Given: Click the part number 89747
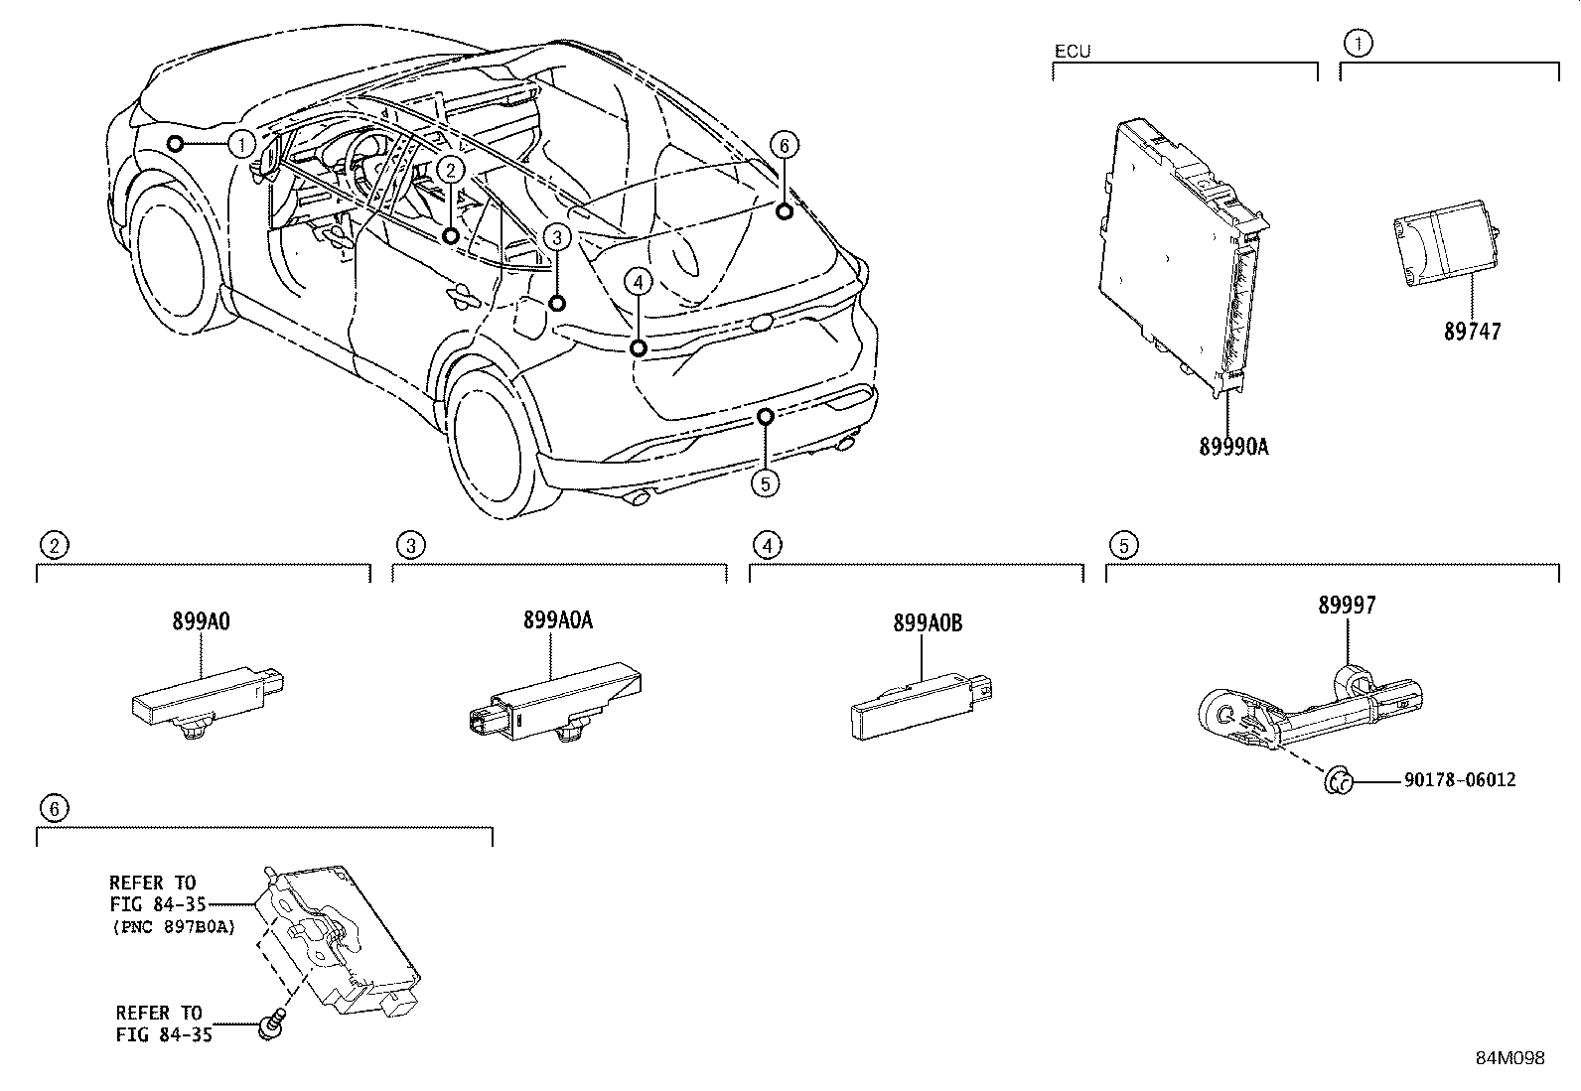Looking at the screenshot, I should coord(1472,332).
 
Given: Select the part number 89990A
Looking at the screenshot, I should coord(1233,447).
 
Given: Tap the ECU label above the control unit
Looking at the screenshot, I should coord(1072,51).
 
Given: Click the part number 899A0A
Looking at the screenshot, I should coord(558,620).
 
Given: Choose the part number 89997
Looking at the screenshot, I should coord(1347,605).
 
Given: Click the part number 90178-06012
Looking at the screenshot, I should coord(1459,780).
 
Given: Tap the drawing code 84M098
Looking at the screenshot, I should coord(1509,1057).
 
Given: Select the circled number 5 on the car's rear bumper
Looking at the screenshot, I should coord(764,483).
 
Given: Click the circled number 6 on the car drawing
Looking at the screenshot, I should coord(783,146).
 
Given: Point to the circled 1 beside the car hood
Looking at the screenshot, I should coord(241,144).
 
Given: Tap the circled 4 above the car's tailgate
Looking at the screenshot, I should coord(638,283).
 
